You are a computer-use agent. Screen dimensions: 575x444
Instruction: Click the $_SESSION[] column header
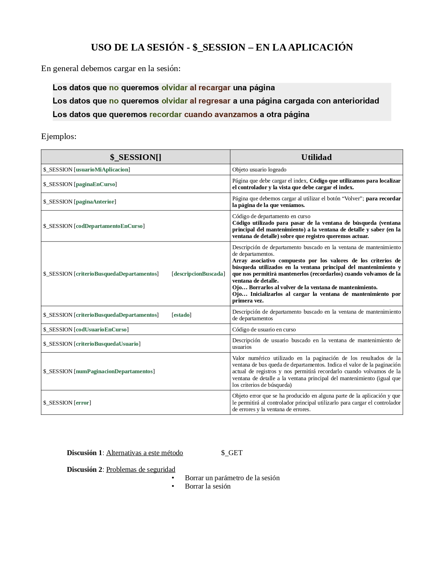pyautogui.click(x=135, y=157)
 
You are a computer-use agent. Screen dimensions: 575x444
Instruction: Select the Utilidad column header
pyautogui.click(x=316, y=157)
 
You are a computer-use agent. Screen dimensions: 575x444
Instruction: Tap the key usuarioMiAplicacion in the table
pyautogui.click(x=102, y=170)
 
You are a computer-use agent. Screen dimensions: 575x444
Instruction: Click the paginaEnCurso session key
pyautogui.click(x=95, y=184)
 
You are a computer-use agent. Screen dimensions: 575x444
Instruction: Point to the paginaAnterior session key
pyautogui.click(x=95, y=202)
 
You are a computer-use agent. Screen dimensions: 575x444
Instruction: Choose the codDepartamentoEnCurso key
pyautogui.click(x=109, y=226)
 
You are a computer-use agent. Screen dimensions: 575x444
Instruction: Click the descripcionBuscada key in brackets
pyautogui.click(x=198, y=274)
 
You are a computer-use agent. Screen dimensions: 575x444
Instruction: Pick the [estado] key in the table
pyautogui.click(x=182, y=315)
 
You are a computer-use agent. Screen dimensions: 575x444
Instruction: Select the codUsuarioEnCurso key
pyautogui.click(x=101, y=330)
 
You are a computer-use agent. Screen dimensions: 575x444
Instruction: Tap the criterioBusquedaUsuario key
pyautogui.click(x=107, y=344)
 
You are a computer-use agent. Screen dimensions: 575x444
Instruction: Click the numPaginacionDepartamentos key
pyautogui.click(x=114, y=371)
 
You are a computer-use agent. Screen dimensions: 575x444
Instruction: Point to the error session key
pyautogui.click(x=83, y=403)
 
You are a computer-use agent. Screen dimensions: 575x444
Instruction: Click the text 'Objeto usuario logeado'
pyautogui.click(x=259, y=170)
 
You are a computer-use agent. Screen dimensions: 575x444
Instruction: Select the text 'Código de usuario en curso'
pyautogui.click(x=264, y=330)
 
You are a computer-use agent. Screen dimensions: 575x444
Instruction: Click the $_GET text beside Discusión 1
pyautogui.click(x=232, y=453)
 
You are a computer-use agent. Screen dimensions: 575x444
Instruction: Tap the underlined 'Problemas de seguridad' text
pyautogui.click(x=141, y=470)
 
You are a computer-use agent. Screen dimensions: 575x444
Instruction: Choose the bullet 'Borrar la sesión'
pyautogui.click(x=208, y=486)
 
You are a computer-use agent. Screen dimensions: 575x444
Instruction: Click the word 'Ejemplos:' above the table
pyautogui.click(x=59, y=137)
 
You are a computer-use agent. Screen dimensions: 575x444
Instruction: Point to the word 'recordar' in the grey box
pyautogui.click(x=165, y=115)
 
